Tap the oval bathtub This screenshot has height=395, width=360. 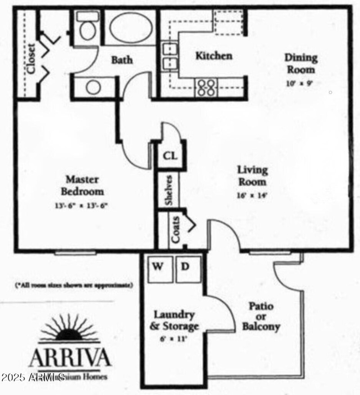(x=131, y=28)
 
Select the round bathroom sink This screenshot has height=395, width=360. (x=94, y=87)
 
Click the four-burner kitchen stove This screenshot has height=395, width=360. (x=206, y=87)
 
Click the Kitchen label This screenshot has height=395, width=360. (x=214, y=56)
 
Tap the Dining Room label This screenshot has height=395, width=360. (x=301, y=63)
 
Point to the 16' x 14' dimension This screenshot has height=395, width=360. (x=252, y=195)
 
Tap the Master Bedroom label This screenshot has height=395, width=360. (x=82, y=185)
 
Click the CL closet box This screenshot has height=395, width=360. (x=170, y=156)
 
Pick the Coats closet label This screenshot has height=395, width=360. (x=175, y=229)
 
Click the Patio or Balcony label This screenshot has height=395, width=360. (x=261, y=316)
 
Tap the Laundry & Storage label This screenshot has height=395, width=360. (x=175, y=320)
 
